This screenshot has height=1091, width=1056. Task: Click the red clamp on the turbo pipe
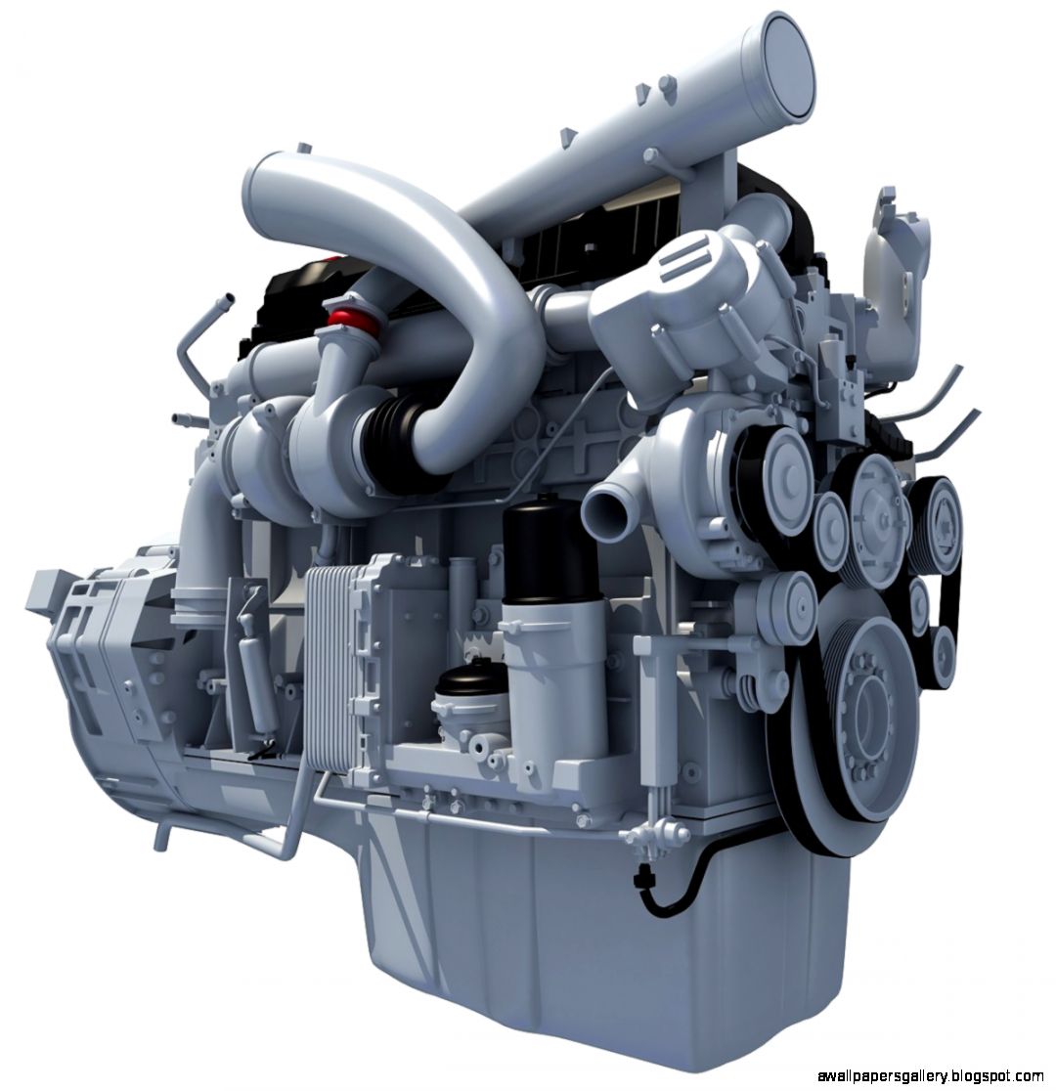point(345,318)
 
